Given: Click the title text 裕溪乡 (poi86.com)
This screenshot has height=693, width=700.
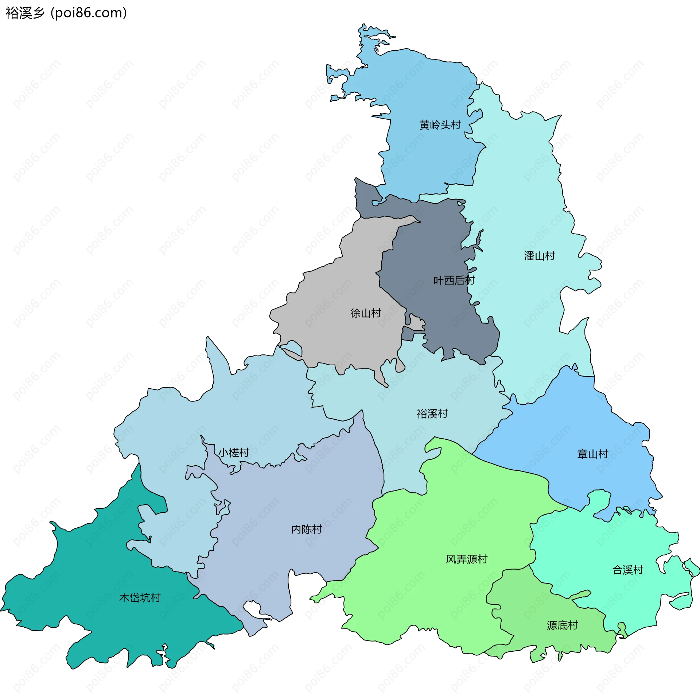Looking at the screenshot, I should pyautogui.click(x=66, y=13).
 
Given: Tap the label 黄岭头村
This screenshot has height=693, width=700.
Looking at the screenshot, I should pyautogui.click(x=440, y=125).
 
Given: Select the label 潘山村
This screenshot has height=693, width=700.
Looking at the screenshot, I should pyautogui.click(x=539, y=256).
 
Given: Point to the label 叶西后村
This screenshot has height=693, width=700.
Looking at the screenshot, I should pyautogui.click(x=454, y=281).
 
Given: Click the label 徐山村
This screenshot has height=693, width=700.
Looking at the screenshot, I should pyautogui.click(x=365, y=313).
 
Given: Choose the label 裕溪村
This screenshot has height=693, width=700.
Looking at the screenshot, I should pyautogui.click(x=432, y=414).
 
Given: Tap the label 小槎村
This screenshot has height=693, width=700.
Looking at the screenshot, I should pyautogui.click(x=234, y=453).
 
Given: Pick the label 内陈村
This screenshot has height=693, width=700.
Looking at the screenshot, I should pyautogui.click(x=306, y=530).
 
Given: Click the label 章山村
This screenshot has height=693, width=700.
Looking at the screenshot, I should pyautogui.click(x=592, y=454).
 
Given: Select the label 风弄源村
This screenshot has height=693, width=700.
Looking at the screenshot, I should pyautogui.click(x=466, y=559).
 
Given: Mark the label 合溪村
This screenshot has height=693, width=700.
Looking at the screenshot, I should pyautogui.click(x=627, y=570).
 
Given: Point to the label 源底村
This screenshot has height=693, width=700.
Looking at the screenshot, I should pyautogui.click(x=562, y=625).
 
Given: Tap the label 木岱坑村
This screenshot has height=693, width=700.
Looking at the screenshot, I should pyautogui.click(x=140, y=598).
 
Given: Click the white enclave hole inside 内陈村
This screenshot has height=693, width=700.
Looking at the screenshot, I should pyautogui.click(x=252, y=608).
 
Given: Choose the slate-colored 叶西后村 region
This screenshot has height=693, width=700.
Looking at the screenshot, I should pyautogui.click(x=430, y=248).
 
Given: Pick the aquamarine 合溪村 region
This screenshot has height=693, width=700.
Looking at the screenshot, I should pyautogui.click(x=602, y=547).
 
